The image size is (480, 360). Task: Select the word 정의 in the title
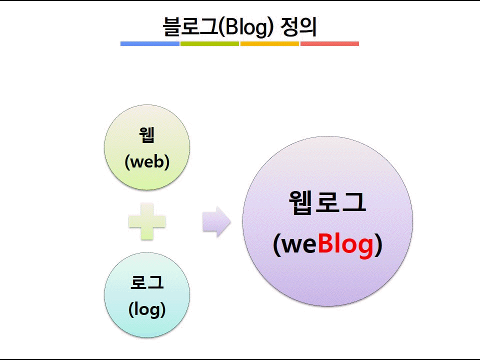point(298,26)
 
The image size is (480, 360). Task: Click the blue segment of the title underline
point(150,44)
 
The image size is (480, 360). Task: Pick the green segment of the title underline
point(209,44)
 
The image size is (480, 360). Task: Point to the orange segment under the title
point(269,44)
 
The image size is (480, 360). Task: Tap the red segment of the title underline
point(329,44)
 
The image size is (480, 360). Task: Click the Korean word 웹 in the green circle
point(147,135)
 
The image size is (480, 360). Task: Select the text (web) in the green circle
point(147,161)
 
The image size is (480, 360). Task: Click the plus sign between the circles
point(147,221)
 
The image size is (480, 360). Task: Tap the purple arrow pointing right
point(216,221)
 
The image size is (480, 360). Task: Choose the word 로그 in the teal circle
point(147,282)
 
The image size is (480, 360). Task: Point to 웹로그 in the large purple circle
point(327,201)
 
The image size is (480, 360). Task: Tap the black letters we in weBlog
point(299,245)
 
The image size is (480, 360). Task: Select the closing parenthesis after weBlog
point(379,245)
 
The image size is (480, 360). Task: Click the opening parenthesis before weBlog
point(276,245)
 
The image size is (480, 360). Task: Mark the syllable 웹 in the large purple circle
point(300,201)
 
